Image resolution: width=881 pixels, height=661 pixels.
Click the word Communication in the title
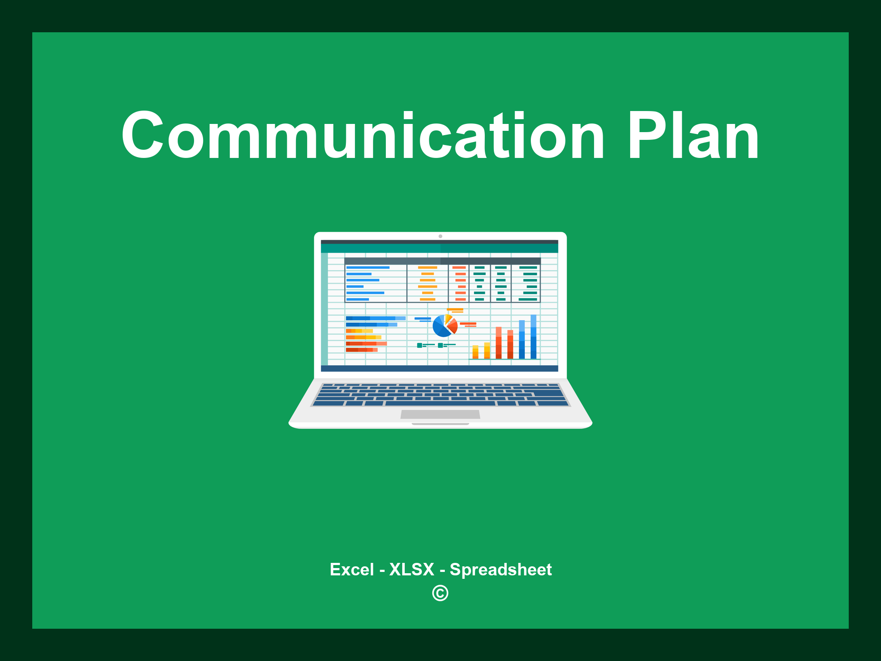pos(363,136)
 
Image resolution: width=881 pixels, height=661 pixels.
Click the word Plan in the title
pos(693,136)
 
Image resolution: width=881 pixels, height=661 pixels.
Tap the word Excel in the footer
pos(351,569)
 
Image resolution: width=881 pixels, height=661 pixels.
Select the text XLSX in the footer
pos(412,569)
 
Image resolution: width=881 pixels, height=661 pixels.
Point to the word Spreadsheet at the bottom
pos(500,569)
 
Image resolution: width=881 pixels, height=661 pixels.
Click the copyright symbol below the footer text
pos(440,593)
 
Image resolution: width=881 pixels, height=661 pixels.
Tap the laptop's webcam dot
pos(440,236)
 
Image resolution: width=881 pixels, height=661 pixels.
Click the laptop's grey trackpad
pos(440,414)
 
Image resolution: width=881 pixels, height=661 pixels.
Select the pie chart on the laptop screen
pos(445,326)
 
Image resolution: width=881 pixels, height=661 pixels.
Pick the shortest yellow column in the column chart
pos(475,352)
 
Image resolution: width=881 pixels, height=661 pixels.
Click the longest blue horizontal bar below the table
pos(375,318)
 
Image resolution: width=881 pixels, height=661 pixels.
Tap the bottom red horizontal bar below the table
pos(361,350)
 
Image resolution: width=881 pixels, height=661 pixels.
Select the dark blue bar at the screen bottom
pos(439,368)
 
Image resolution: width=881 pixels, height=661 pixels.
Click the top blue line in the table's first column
pos(368,268)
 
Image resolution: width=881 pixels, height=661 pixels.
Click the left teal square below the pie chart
pos(419,345)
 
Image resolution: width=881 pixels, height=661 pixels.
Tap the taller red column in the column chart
pos(499,343)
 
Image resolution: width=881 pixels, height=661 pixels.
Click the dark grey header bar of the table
pos(442,261)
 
